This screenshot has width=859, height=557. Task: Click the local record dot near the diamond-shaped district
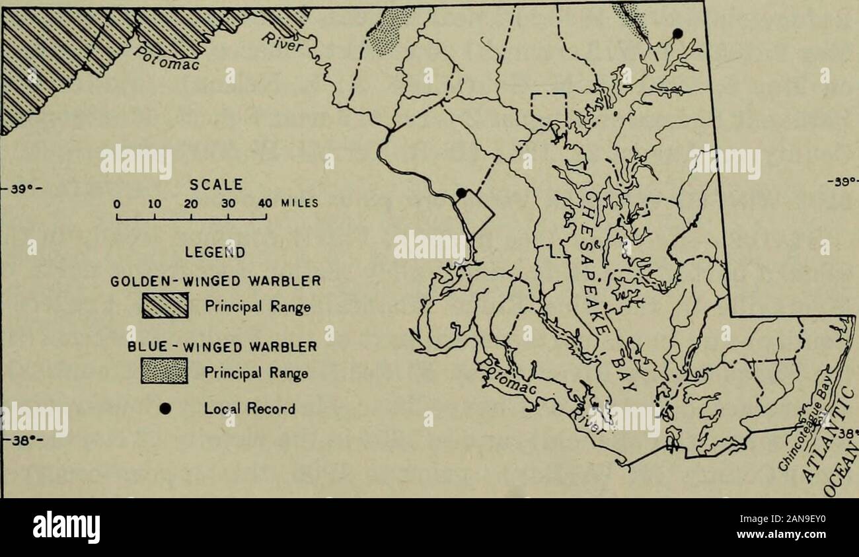pos(462,193)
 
